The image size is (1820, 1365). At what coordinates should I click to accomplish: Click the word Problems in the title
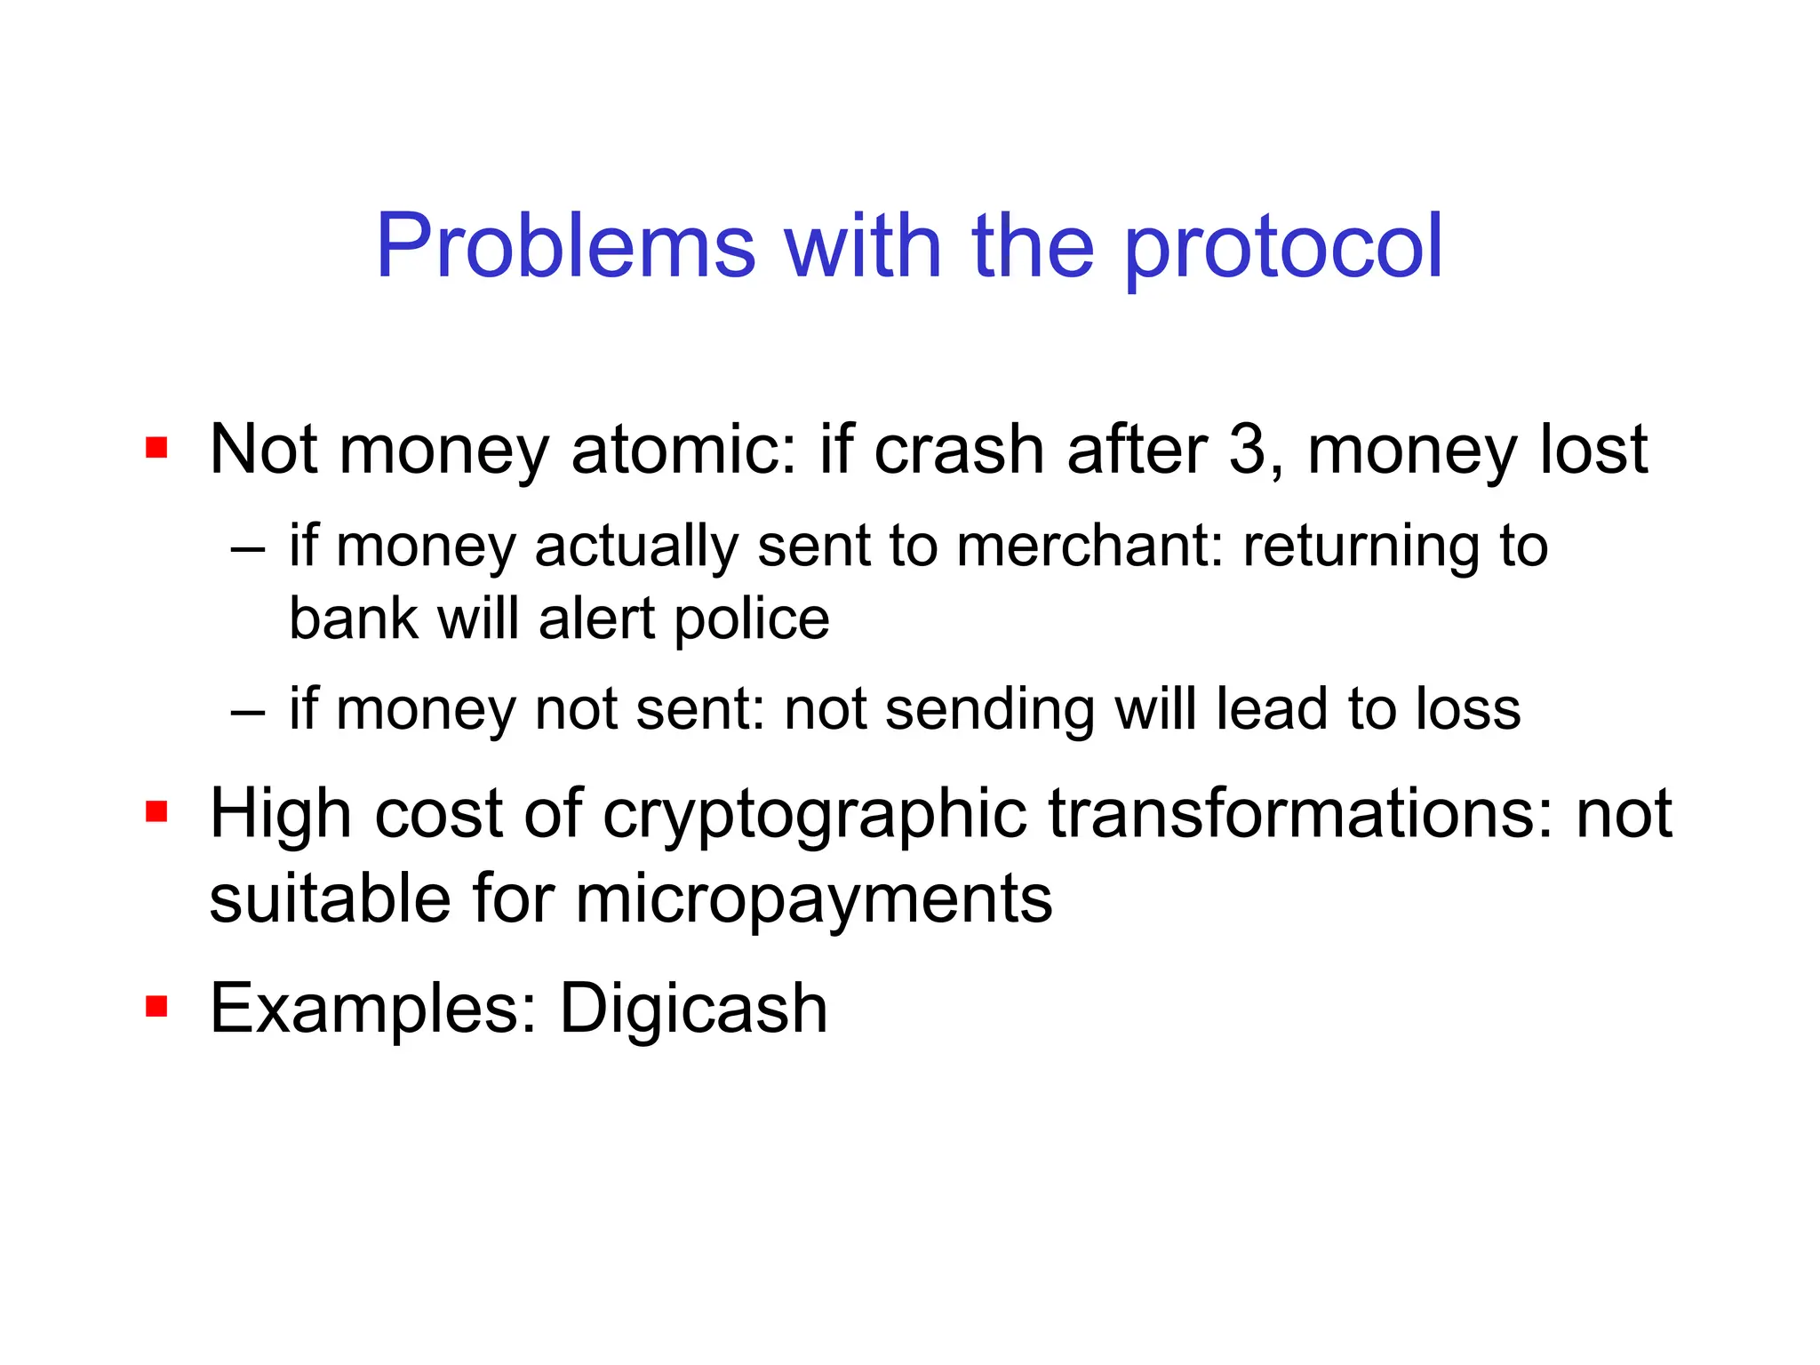(565, 246)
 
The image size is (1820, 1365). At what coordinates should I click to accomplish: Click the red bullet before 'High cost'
(156, 811)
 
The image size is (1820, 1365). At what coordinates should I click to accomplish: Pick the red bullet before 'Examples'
(156, 1006)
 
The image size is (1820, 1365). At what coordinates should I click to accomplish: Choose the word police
(752, 619)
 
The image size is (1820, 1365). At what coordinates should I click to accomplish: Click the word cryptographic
(814, 815)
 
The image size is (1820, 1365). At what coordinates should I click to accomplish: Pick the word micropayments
(813, 900)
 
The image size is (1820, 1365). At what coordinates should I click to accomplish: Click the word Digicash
(693, 1009)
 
